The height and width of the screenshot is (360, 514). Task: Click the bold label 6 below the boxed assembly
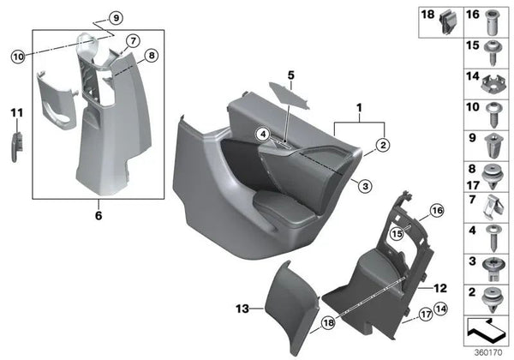pos(98,215)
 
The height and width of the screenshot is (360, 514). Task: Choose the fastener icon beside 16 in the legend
pos(496,21)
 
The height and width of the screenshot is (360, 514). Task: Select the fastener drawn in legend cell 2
pos(496,297)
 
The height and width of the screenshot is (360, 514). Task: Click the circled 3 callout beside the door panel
pos(365,185)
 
